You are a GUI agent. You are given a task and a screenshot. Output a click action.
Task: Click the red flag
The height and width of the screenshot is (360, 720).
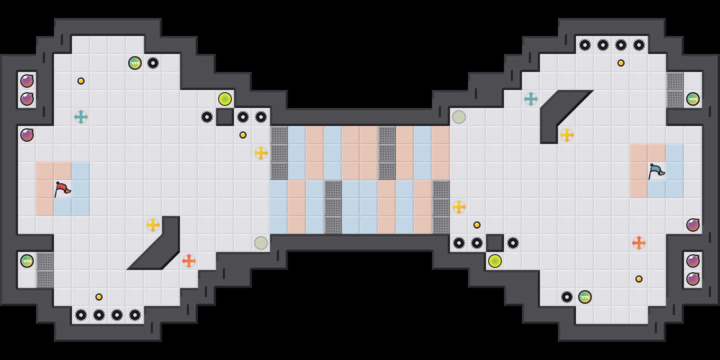pos(62,189)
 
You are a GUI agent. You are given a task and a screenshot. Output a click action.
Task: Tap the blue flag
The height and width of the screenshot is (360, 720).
pos(656,171)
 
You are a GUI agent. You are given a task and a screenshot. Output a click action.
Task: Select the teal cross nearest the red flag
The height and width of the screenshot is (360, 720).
pos(81,117)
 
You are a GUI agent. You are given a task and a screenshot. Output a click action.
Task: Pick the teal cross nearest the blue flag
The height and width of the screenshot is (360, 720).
pos(531,99)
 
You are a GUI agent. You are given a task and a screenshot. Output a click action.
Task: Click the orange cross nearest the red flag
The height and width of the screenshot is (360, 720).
pos(189,261)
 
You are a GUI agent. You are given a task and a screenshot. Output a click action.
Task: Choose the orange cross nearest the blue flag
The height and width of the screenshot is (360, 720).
pos(639,243)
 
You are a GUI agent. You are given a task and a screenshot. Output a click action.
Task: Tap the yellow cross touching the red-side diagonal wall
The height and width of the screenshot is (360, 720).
pos(153,225)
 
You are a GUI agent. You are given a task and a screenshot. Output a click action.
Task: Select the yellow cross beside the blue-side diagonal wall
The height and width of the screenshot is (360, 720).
pos(567,135)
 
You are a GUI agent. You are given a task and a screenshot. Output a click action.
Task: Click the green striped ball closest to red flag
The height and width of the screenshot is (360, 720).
pos(27,261)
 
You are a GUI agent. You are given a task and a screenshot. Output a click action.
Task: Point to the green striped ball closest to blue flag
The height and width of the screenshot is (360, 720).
pos(693,99)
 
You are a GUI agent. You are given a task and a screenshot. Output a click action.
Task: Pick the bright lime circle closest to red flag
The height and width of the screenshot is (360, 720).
pos(225,99)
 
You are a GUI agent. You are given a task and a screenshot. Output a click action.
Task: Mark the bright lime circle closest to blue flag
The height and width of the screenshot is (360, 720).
pos(495,261)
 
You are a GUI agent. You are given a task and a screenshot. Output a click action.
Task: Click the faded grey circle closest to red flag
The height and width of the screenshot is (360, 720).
pos(261,243)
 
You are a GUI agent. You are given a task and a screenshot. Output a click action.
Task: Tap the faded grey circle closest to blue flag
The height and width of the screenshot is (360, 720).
pos(459,117)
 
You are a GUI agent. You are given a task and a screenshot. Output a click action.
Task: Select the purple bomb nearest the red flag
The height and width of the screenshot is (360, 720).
pos(27,135)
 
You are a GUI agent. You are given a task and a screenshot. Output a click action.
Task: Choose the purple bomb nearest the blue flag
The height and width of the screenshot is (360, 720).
pos(693,225)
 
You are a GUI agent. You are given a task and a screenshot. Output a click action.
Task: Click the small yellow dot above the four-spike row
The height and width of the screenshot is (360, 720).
pos(99,297)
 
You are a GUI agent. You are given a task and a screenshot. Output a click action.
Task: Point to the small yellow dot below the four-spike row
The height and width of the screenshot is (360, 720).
pos(621,63)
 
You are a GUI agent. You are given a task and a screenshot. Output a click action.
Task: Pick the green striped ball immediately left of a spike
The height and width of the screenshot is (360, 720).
pos(135,63)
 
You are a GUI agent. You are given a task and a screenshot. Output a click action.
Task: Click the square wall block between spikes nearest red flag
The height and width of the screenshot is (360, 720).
pos(225,117)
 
